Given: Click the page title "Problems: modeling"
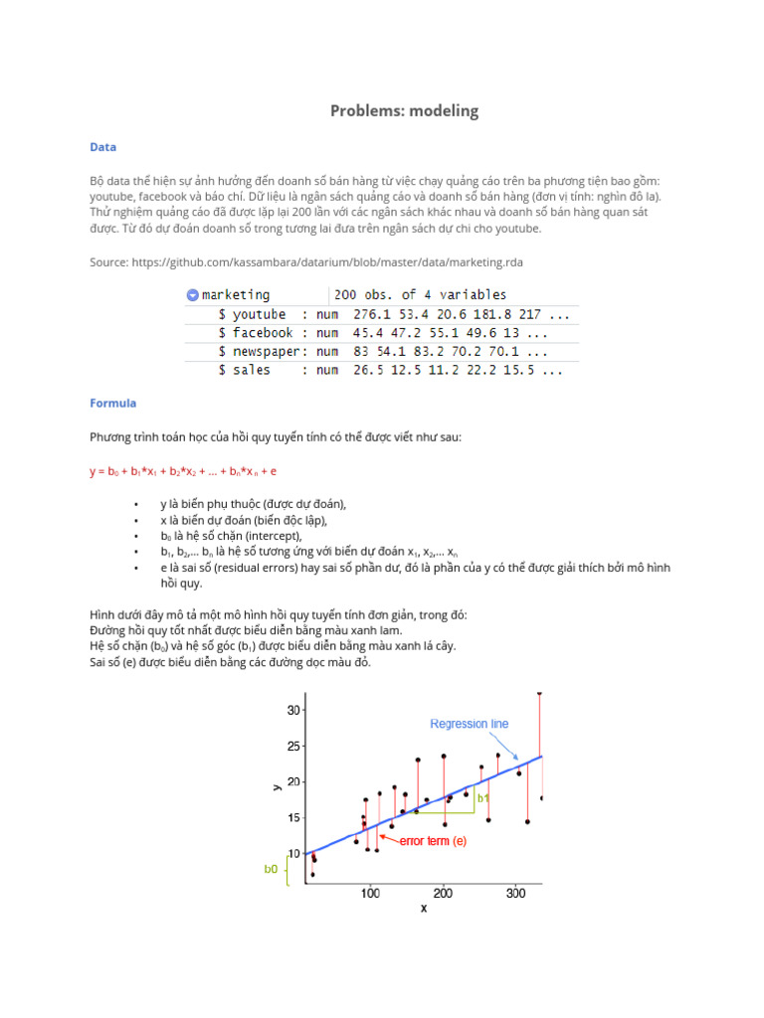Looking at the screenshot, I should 404,111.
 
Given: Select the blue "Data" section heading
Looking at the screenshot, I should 102,147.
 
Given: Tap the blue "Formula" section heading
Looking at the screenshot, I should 112,404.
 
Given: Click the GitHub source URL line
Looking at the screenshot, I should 306,261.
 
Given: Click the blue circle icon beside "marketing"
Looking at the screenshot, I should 192,295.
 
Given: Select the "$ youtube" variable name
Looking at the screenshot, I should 253,314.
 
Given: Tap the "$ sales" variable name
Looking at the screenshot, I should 245,370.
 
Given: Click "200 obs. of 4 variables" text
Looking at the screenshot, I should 420,295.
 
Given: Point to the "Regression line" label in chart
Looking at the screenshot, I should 469,724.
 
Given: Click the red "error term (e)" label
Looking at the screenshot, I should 433,841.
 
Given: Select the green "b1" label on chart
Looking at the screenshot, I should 482,797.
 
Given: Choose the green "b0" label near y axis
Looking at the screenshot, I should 271,869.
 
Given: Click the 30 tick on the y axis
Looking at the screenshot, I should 293,710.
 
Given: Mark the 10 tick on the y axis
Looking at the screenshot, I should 293,854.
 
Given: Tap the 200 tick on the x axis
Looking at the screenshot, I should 443,894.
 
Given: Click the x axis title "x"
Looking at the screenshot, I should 423,909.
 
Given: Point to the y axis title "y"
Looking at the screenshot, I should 277,786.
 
